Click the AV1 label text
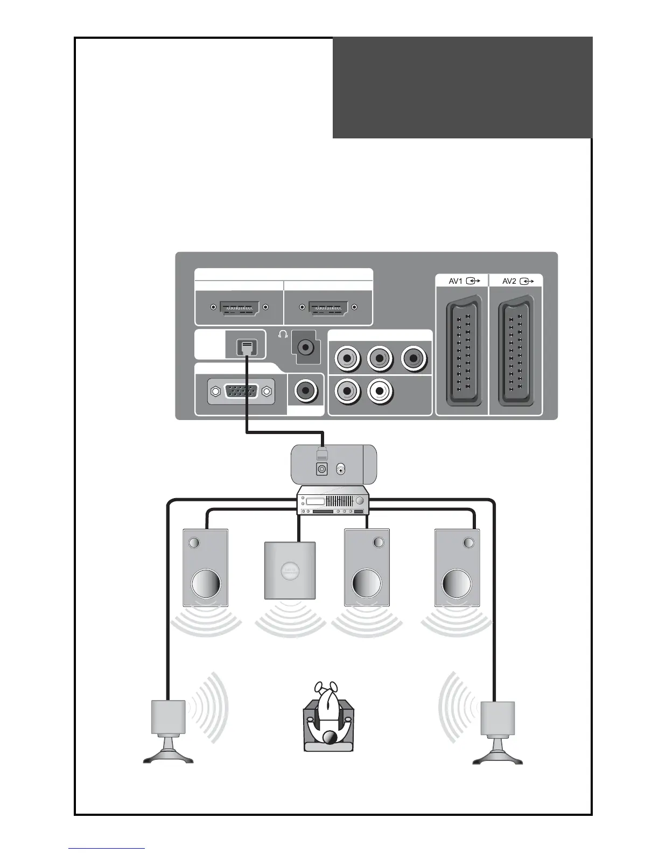coord(455,281)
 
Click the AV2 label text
coord(509,281)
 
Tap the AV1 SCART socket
coord(461,354)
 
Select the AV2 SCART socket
coord(516,354)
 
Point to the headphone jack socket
coord(306,347)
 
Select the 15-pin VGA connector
coord(241,391)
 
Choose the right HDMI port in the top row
coord(328,307)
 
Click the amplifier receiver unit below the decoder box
coord(333,500)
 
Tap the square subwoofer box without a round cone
coord(290,570)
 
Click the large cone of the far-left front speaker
coord(206,583)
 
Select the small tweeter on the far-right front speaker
coord(468,542)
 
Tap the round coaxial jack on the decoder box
coord(341,470)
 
